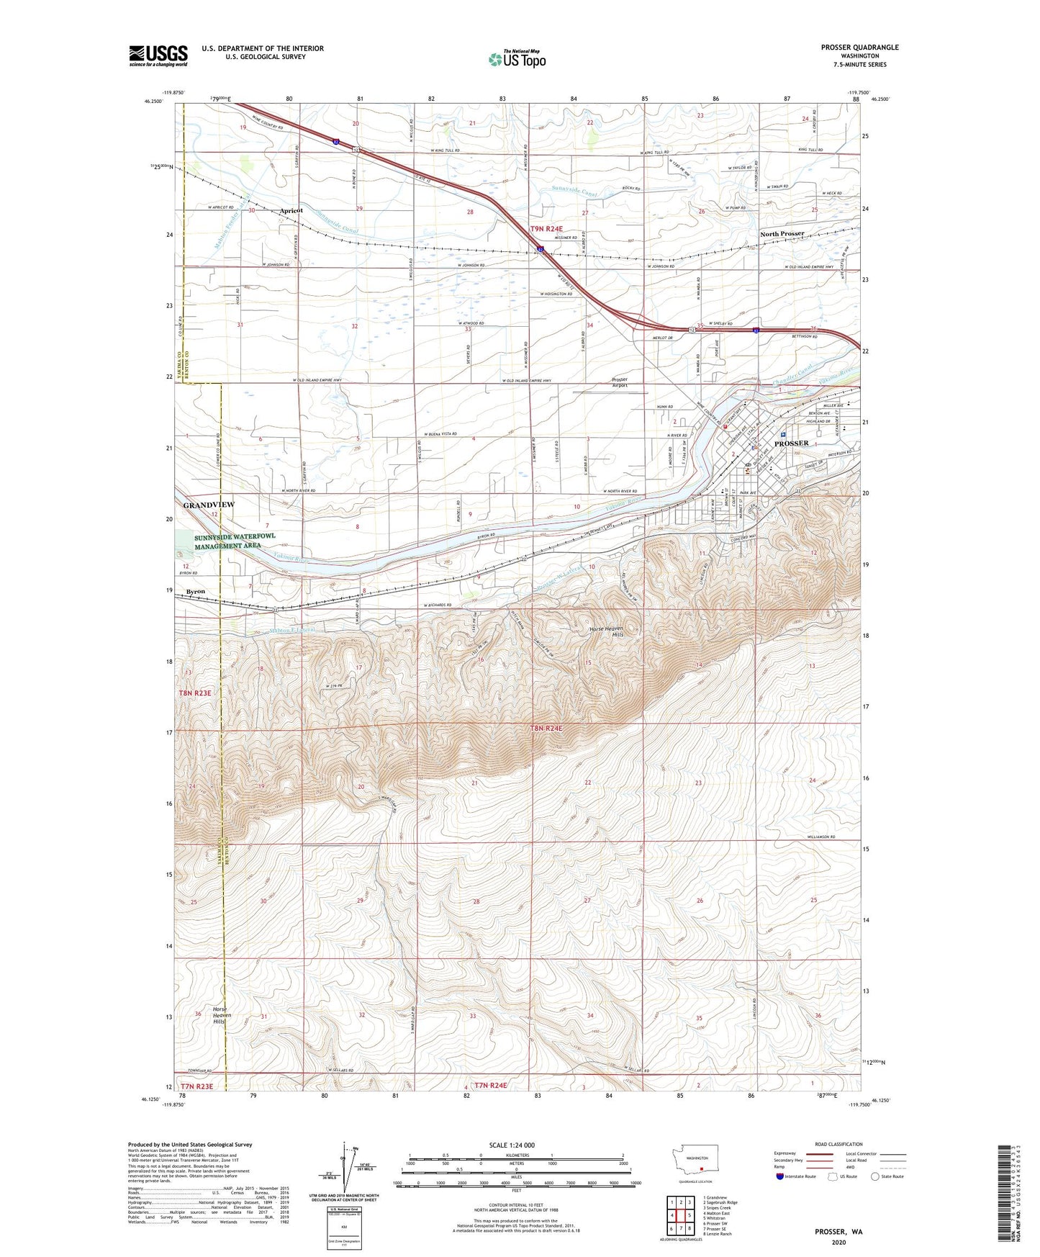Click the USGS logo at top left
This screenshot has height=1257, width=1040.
point(158,55)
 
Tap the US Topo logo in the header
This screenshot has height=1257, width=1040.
point(516,59)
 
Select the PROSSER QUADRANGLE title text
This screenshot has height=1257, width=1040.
point(859,48)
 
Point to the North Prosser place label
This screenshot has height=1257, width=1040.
point(782,234)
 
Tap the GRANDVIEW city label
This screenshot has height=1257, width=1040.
point(208,505)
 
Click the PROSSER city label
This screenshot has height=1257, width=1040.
point(792,443)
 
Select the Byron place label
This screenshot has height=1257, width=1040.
point(195,591)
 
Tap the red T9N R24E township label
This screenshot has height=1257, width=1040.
point(546,229)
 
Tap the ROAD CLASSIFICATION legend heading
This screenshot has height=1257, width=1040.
point(840,1144)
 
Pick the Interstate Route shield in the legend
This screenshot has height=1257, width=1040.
point(780,1176)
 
